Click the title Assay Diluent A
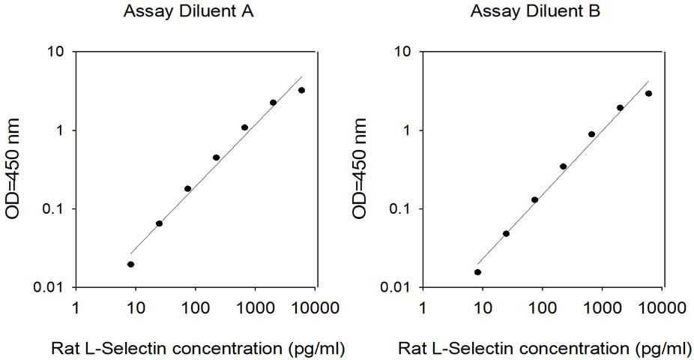pyautogui.click(x=188, y=11)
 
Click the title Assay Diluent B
pyautogui.click(x=535, y=11)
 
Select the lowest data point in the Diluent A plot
pyautogui.click(x=130, y=264)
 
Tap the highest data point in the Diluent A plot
pyautogui.click(x=301, y=90)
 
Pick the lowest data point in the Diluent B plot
pyautogui.click(x=477, y=272)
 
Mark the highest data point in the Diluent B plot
pyautogui.click(x=648, y=94)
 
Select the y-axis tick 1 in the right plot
pyautogui.click(x=407, y=130)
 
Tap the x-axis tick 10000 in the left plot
pyautogui.click(x=315, y=307)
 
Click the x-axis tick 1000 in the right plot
pyautogui.click(x=602, y=307)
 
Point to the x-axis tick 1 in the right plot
pyautogui.click(x=423, y=307)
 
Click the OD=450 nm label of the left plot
pyautogui.click(x=13, y=169)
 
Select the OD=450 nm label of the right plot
pyautogui.click(x=360, y=169)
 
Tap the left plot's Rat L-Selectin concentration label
pyautogui.click(x=198, y=349)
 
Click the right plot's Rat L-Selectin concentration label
pyautogui.click(x=545, y=349)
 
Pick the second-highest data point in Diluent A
pyautogui.click(x=273, y=103)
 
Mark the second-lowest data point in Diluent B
pyautogui.click(x=506, y=233)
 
